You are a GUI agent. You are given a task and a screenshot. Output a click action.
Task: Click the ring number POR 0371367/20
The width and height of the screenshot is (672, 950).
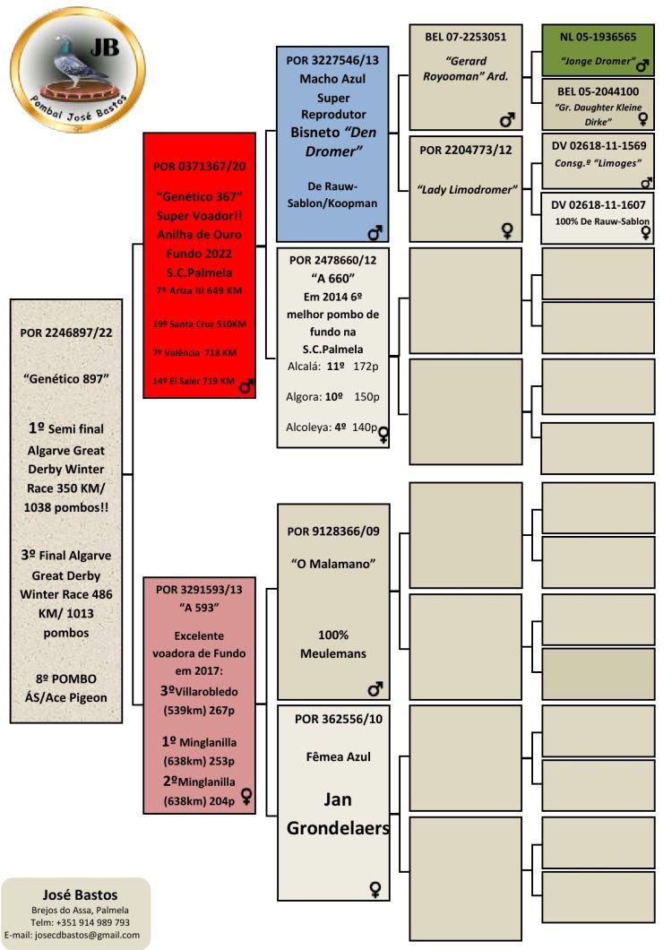pyautogui.click(x=200, y=166)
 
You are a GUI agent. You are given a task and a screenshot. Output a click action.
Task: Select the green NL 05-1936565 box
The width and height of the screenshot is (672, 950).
pyautogui.click(x=598, y=51)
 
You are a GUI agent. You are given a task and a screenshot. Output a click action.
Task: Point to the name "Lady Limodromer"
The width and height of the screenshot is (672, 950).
pyautogui.click(x=467, y=189)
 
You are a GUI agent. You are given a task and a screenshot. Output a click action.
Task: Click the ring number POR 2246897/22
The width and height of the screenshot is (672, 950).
pyautogui.click(x=65, y=332)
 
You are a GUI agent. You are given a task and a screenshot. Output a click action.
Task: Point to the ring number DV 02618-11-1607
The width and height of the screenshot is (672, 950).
pyautogui.click(x=598, y=205)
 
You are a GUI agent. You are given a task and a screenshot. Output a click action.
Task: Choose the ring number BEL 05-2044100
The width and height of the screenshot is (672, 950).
pyautogui.click(x=598, y=91)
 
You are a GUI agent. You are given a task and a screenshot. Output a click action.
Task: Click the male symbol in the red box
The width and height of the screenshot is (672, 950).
pyautogui.click(x=246, y=386)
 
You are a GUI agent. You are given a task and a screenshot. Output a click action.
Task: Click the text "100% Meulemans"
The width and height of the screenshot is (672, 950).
pyautogui.click(x=332, y=643)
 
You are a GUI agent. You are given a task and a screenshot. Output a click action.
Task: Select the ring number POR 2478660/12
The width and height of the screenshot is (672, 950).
pyautogui.click(x=332, y=260)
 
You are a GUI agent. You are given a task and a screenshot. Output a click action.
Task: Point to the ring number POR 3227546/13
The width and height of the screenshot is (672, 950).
pyautogui.click(x=332, y=60)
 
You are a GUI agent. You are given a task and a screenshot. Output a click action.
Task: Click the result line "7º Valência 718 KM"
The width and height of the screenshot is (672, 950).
pyautogui.click(x=194, y=352)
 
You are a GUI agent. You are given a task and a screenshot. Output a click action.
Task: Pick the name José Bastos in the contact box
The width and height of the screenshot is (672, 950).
pyautogui.click(x=80, y=894)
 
